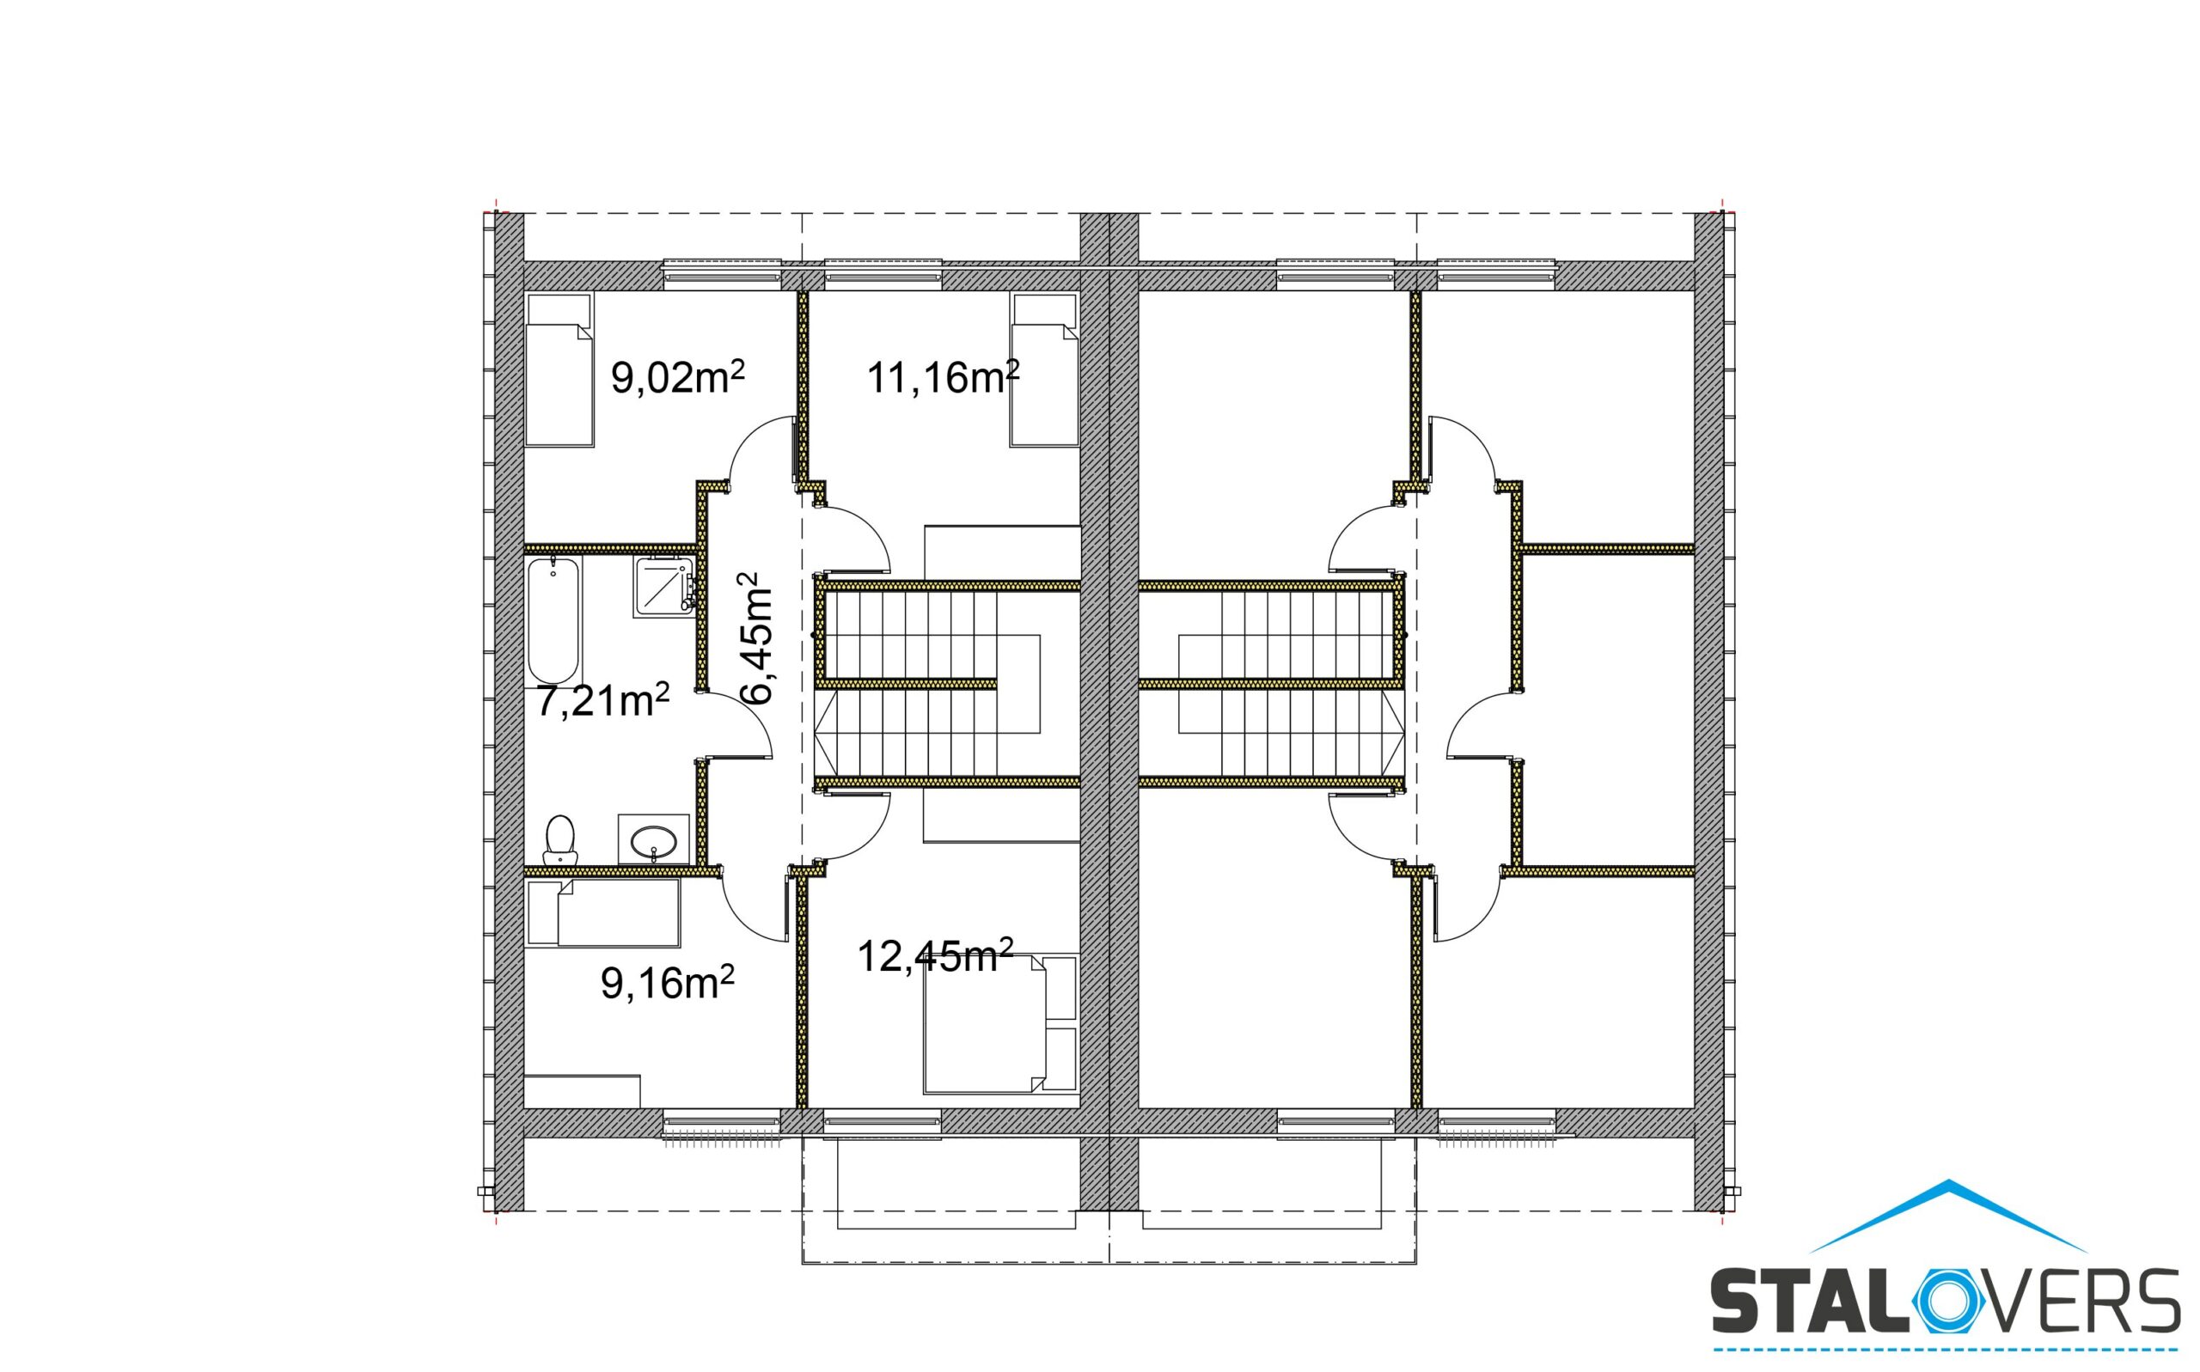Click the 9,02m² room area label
point(678,376)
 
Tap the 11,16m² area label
point(943,376)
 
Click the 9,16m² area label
point(668,983)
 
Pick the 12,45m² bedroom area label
point(935,955)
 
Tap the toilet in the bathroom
point(560,839)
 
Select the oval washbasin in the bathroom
point(653,839)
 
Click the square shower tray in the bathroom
point(664,588)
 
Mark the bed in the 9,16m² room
point(602,913)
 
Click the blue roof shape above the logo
point(1948,1216)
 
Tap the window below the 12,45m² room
point(883,1123)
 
